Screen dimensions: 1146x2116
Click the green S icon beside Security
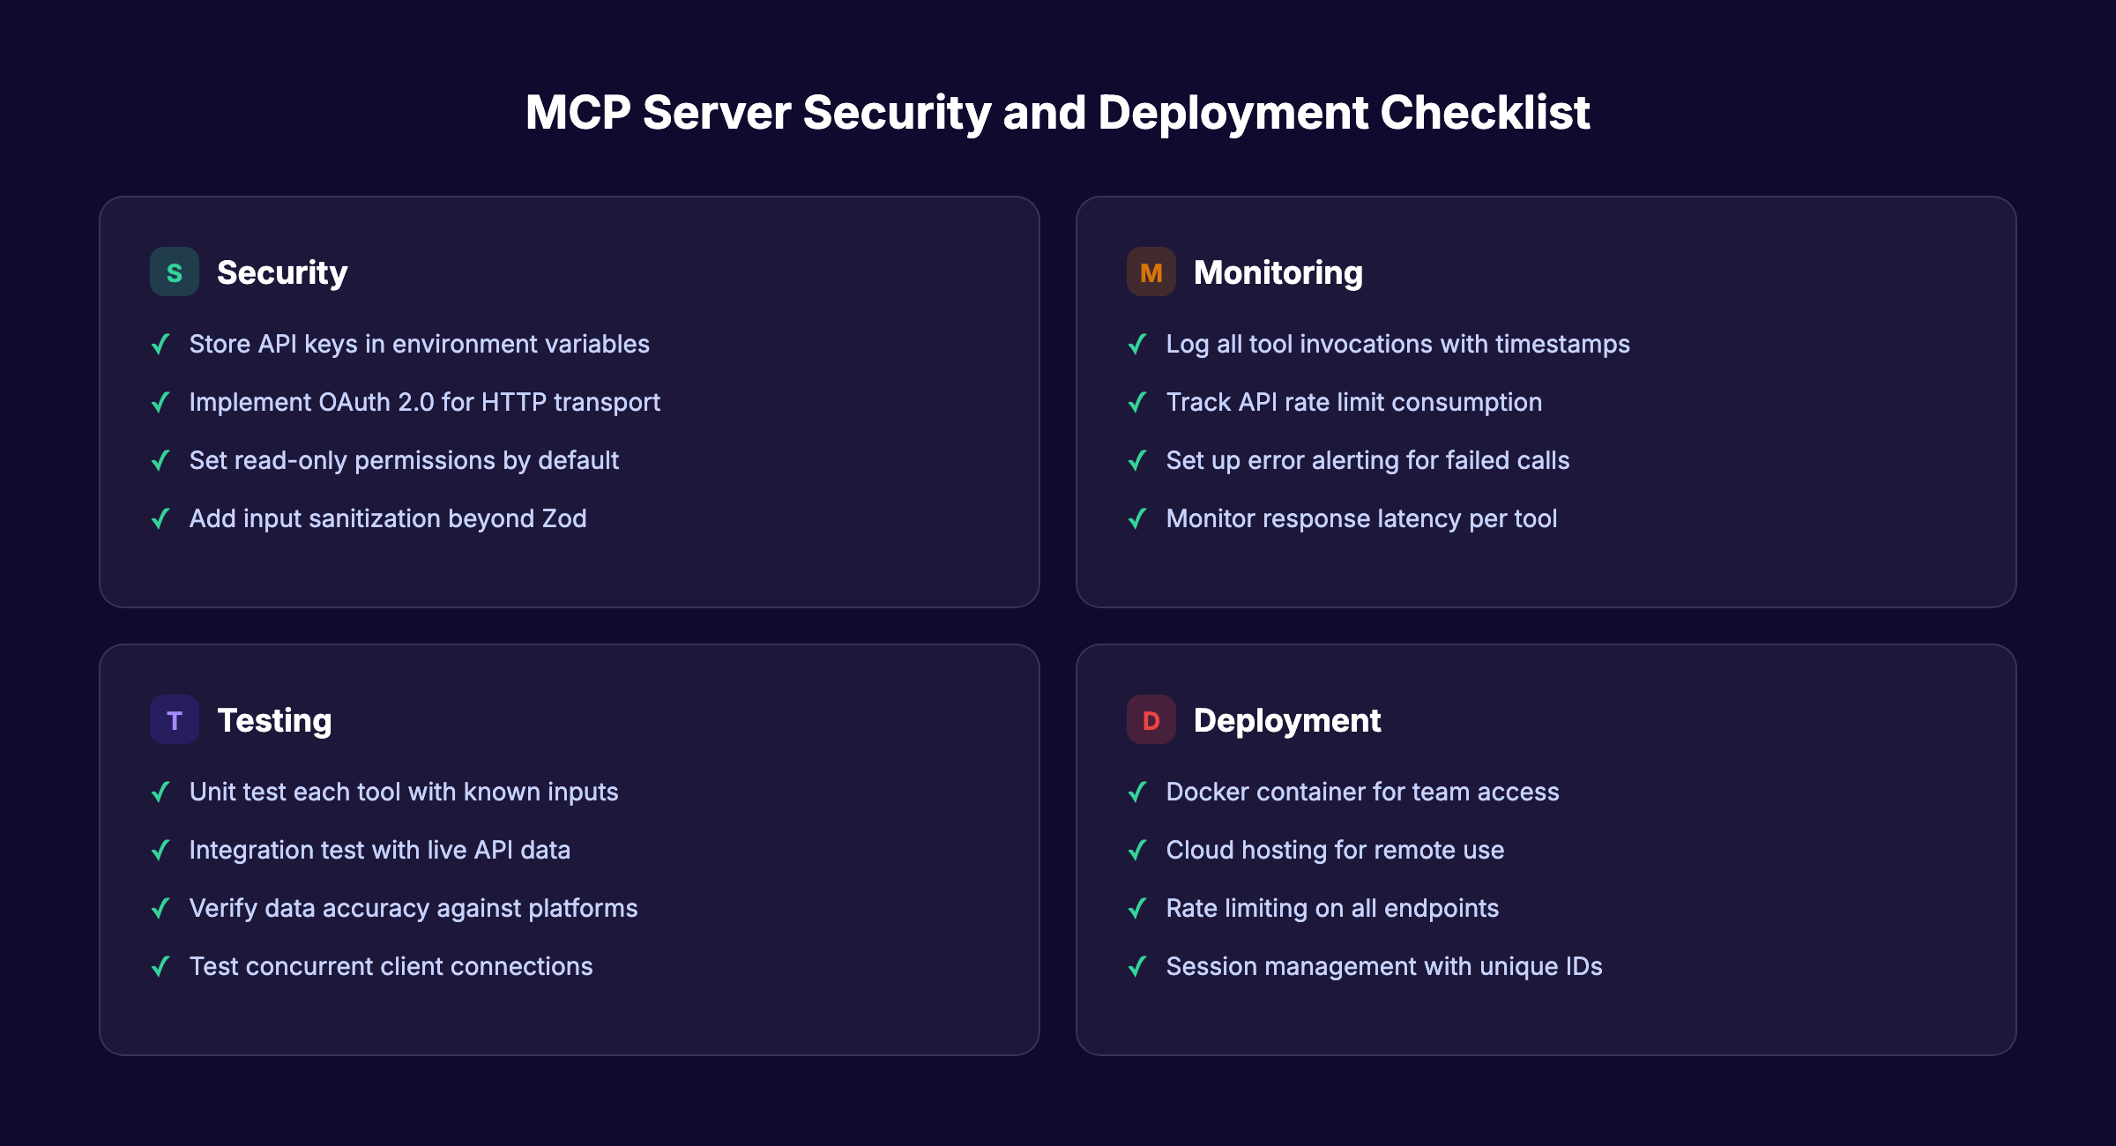point(174,272)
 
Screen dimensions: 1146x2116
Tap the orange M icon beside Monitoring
point(1151,272)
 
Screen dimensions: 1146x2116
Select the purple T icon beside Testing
point(174,720)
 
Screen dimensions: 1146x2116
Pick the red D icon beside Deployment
point(1151,720)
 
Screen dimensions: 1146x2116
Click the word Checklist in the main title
point(1485,113)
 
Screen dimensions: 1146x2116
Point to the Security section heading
point(282,272)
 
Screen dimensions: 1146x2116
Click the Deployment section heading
point(1286,720)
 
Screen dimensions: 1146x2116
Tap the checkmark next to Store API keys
point(160,344)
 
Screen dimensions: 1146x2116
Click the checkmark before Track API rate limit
point(1137,402)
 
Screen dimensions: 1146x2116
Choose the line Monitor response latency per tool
point(1361,518)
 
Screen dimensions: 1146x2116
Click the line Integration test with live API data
point(379,850)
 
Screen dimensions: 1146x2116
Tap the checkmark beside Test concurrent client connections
point(160,966)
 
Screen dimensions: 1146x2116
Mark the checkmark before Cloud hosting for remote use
point(1137,850)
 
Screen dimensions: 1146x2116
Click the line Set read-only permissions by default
point(404,460)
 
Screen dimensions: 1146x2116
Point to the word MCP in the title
point(578,113)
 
